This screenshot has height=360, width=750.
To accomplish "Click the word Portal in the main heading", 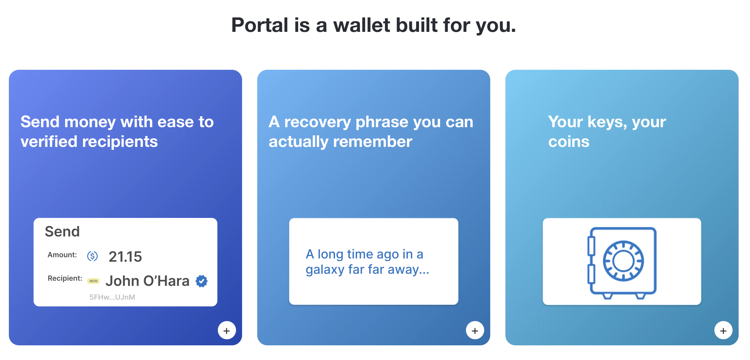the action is coord(260,25).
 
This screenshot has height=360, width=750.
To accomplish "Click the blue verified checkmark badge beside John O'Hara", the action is coord(201,281).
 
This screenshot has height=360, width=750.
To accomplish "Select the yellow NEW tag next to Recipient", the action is coord(93,281).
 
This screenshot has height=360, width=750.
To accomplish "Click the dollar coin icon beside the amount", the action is coord(92,256).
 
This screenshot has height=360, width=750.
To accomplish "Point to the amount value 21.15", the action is coord(125,257).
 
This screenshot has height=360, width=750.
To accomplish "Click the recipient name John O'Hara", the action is coord(148,281).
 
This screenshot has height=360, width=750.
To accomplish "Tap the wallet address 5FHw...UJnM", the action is coord(112,297).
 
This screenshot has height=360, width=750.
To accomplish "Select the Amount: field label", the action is coord(62,255).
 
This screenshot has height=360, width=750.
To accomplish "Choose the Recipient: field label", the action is coord(65,278).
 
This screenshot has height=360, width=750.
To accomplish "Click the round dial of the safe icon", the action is coord(623,261).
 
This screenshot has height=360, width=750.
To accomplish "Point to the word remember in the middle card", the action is coord(372,142).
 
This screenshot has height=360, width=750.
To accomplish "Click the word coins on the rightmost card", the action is coord(569,142).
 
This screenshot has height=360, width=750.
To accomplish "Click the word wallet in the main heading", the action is coord(361,25).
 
